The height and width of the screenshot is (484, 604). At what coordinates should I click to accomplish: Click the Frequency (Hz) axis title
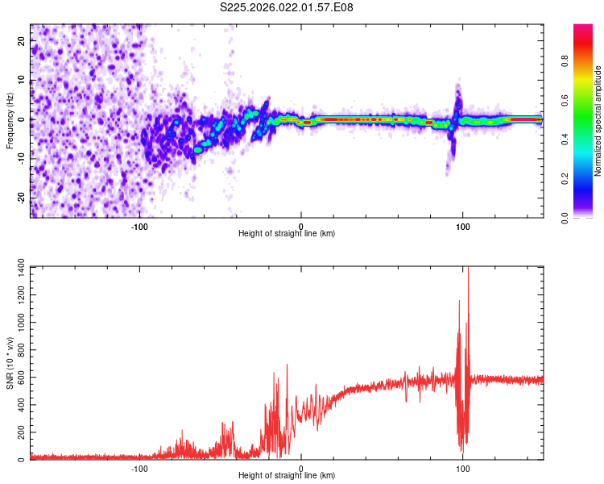10,121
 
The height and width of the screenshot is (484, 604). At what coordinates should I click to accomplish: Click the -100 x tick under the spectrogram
139,226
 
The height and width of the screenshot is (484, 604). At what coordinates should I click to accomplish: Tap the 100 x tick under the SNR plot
463,468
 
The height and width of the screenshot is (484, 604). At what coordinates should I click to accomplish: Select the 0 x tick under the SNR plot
301,468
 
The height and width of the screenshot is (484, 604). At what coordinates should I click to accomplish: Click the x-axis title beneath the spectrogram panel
287,234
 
